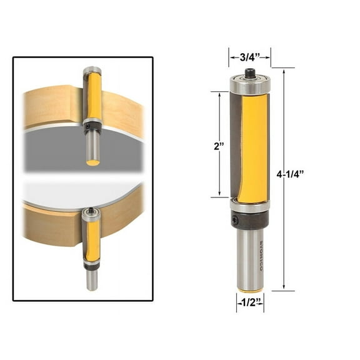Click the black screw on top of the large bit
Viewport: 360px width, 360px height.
(249, 72)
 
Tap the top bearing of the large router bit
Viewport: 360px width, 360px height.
(249, 82)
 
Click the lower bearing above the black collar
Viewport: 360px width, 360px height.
(249, 205)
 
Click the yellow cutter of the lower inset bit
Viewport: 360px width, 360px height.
(92, 240)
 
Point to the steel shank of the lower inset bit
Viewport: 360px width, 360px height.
(92, 280)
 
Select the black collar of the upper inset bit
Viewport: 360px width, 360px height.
(92, 127)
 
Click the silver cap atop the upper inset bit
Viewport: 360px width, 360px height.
(92, 70)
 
